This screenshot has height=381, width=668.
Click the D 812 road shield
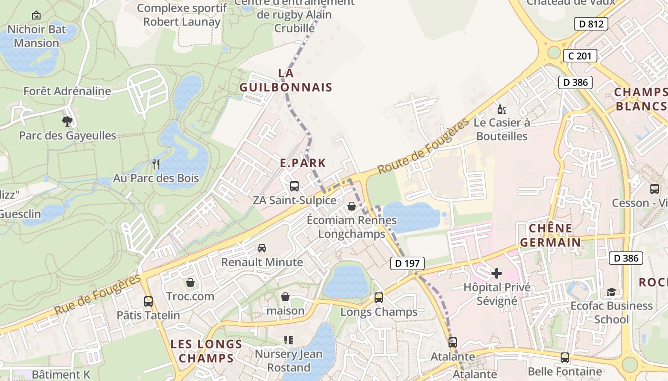coord(591,24)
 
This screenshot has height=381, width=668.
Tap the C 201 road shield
coord(580,56)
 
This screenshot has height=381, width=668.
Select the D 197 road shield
coord(407,263)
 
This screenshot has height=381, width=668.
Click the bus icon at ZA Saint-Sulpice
coord(294,186)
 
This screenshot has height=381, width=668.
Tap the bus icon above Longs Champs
coord(379,298)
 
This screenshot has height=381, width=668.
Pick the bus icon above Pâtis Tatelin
coord(148,301)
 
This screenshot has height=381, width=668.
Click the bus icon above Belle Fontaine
coord(565,357)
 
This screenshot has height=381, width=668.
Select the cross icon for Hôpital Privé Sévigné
coord(497,273)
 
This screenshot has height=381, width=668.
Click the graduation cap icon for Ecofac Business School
coord(611,292)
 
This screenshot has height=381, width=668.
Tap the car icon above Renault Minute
coord(262,248)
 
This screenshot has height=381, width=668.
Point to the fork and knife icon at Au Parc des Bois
coord(156,164)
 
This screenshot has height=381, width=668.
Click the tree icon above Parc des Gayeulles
coord(67,121)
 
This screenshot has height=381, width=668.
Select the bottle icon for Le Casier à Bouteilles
coord(501,110)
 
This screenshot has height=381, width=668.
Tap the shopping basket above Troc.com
coord(190,283)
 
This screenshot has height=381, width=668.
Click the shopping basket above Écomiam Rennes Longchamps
coord(352,206)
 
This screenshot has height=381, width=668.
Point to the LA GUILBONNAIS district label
coord(285,80)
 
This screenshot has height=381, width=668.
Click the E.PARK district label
coord(303,163)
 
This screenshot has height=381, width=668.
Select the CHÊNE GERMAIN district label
coord(551,235)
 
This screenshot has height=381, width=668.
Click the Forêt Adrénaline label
coord(67,91)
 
